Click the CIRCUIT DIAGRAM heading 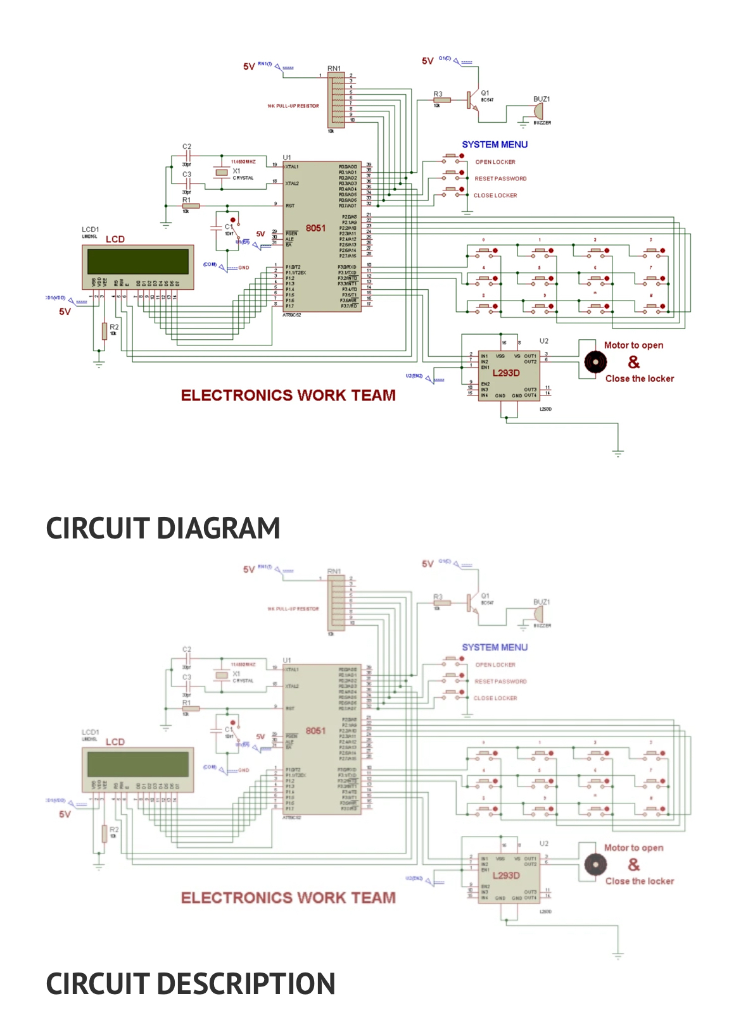[x=163, y=528]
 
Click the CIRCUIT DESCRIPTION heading [x=190, y=984]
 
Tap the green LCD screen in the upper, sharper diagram [x=138, y=261]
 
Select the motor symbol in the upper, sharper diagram [x=595, y=362]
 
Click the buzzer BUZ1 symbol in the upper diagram [x=538, y=111]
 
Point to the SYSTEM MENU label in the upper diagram [x=495, y=144]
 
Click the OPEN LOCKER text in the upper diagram [x=495, y=162]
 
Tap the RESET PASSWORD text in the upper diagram [x=500, y=178]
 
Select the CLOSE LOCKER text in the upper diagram [x=495, y=196]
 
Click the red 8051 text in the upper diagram [x=315, y=228]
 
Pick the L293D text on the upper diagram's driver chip [x=506, y=373]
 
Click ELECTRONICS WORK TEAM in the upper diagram [x=288, y=395]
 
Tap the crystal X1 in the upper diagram [x=221, y=172]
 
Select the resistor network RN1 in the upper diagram [x=336, y=99]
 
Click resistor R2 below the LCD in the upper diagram [x=104, y=330]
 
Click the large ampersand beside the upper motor [x=633, y=362]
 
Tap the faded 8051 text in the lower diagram [x=315, y=731]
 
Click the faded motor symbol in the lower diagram [x=595, y=864]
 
